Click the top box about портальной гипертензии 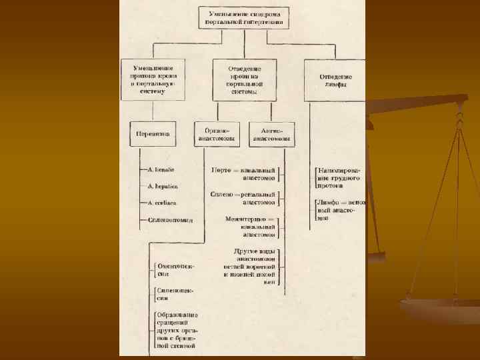[243, 17]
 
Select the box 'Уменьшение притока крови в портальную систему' [153, 79]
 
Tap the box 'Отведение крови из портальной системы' [244, 79]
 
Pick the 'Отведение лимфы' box [335, 80]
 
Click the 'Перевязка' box [153, 134]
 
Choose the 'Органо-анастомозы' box [216, 134]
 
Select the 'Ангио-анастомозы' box [271, 134]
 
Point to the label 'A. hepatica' [162, 186]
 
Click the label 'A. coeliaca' [162, 203]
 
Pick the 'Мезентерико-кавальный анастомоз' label [250, 226]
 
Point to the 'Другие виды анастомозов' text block [250, 266]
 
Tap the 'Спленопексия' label [175, 294]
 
